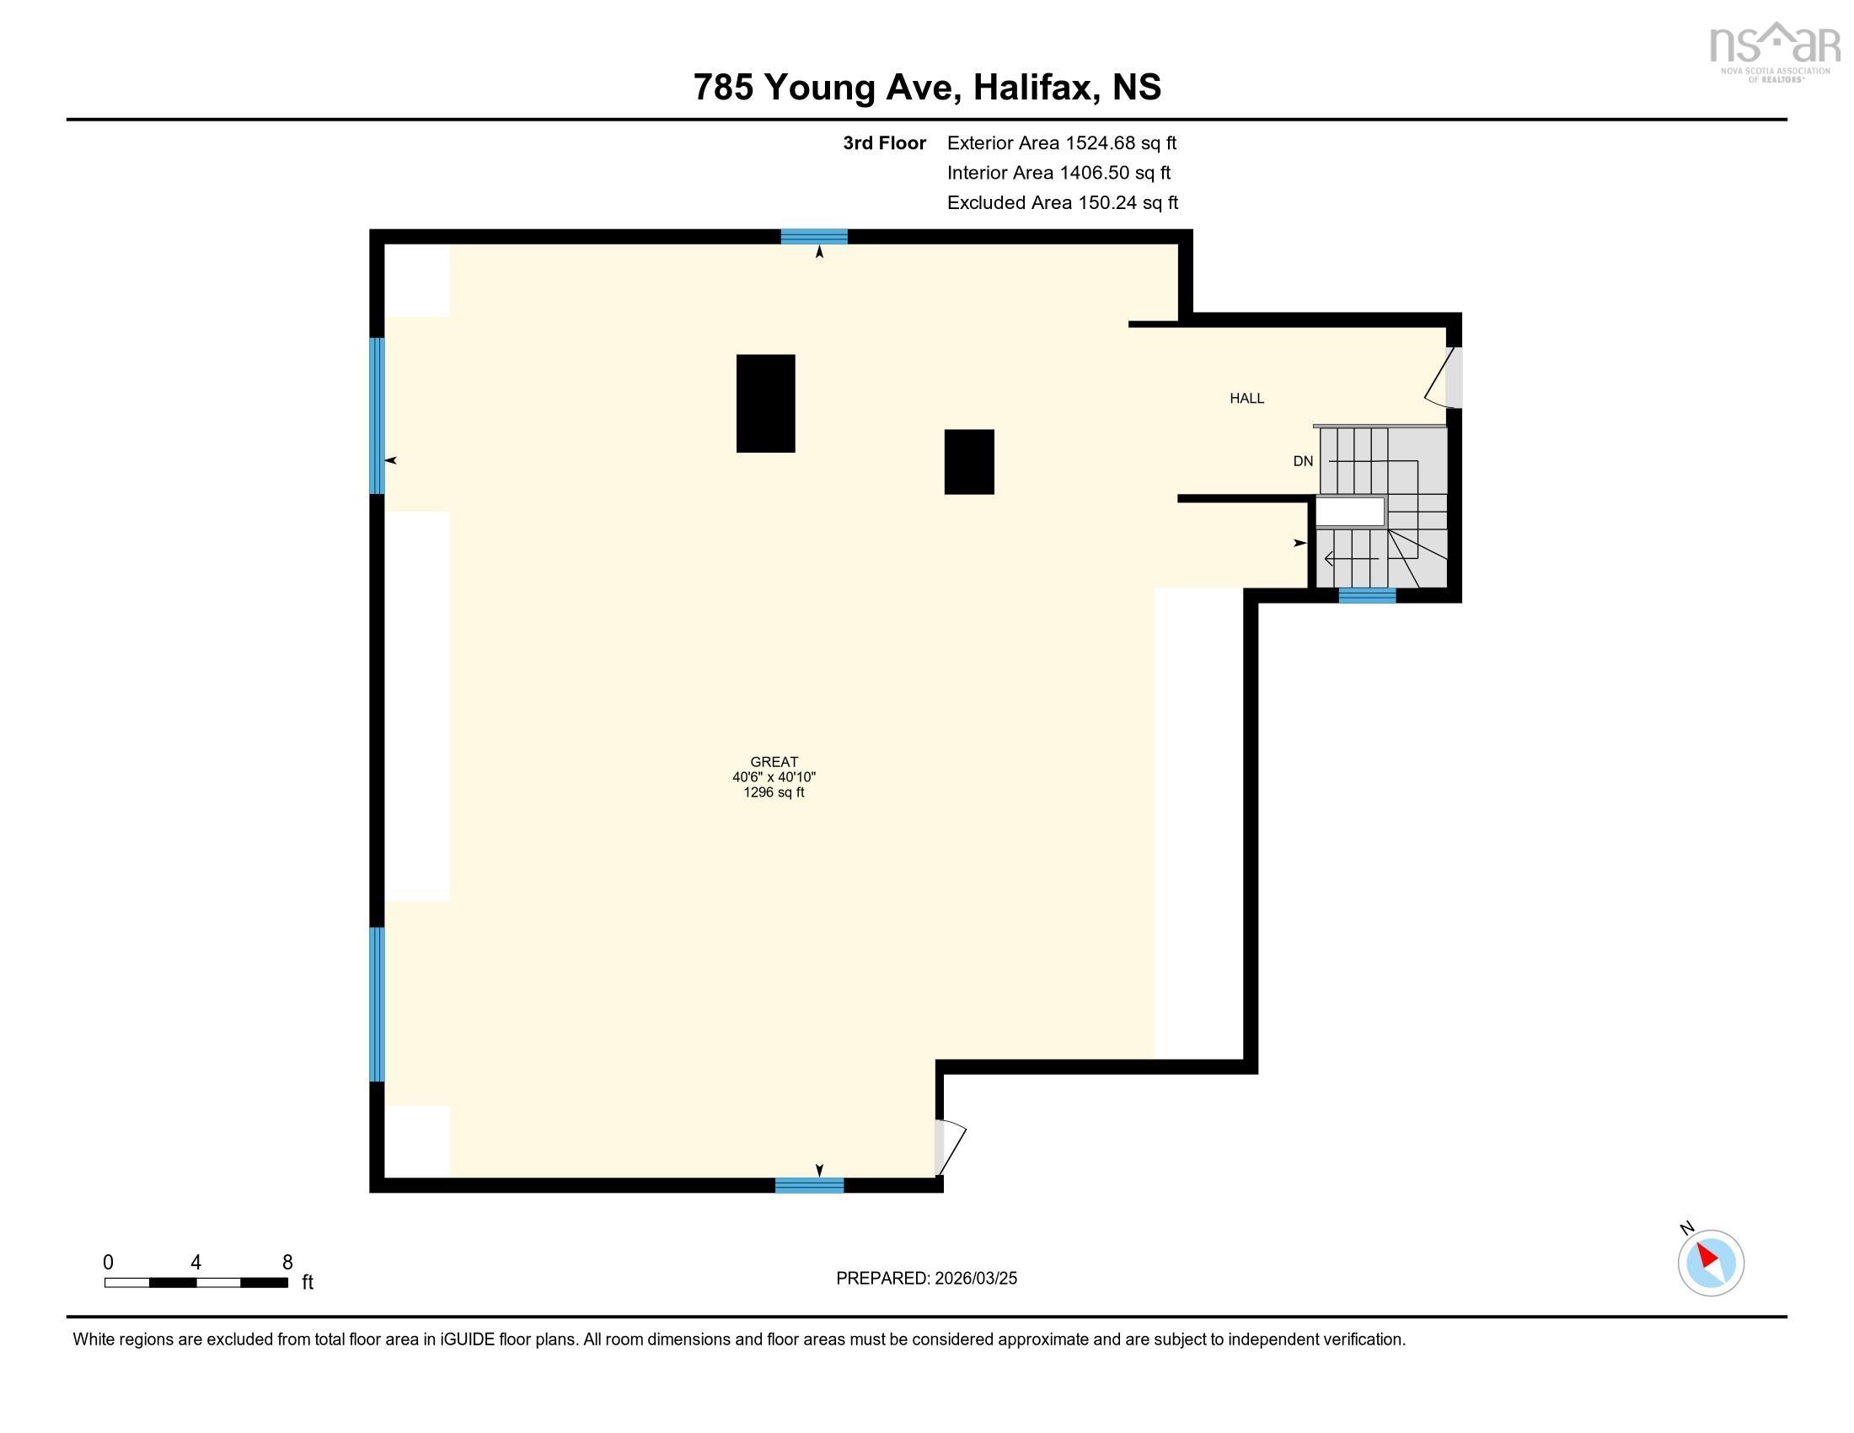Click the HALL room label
(x=1246, y=398)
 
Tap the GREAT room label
(x=774, y=762)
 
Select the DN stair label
(x=1302, y=462)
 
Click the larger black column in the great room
(x=765, y=403)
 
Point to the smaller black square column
(x=968, y=462)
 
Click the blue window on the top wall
(x=813, y=237)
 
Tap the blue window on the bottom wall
(x=809, y=1185)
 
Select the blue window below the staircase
(x=1367, y=596)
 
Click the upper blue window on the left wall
(x=377, y=415)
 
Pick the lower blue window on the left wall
(x=377, y=1004)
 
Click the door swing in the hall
(x=1441, y=376)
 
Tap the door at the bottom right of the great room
(x=948, y=1148)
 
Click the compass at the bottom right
(x=1710, y=1263)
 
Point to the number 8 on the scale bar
(x=287, y=1263)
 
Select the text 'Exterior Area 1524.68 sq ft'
(x=1061, y=143)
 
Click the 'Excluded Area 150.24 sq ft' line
(x=1062, y=203)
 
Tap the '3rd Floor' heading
(x=884, y=143)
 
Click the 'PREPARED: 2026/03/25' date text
(x=926, y=1279)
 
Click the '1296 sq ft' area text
(x=774, y=793)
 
